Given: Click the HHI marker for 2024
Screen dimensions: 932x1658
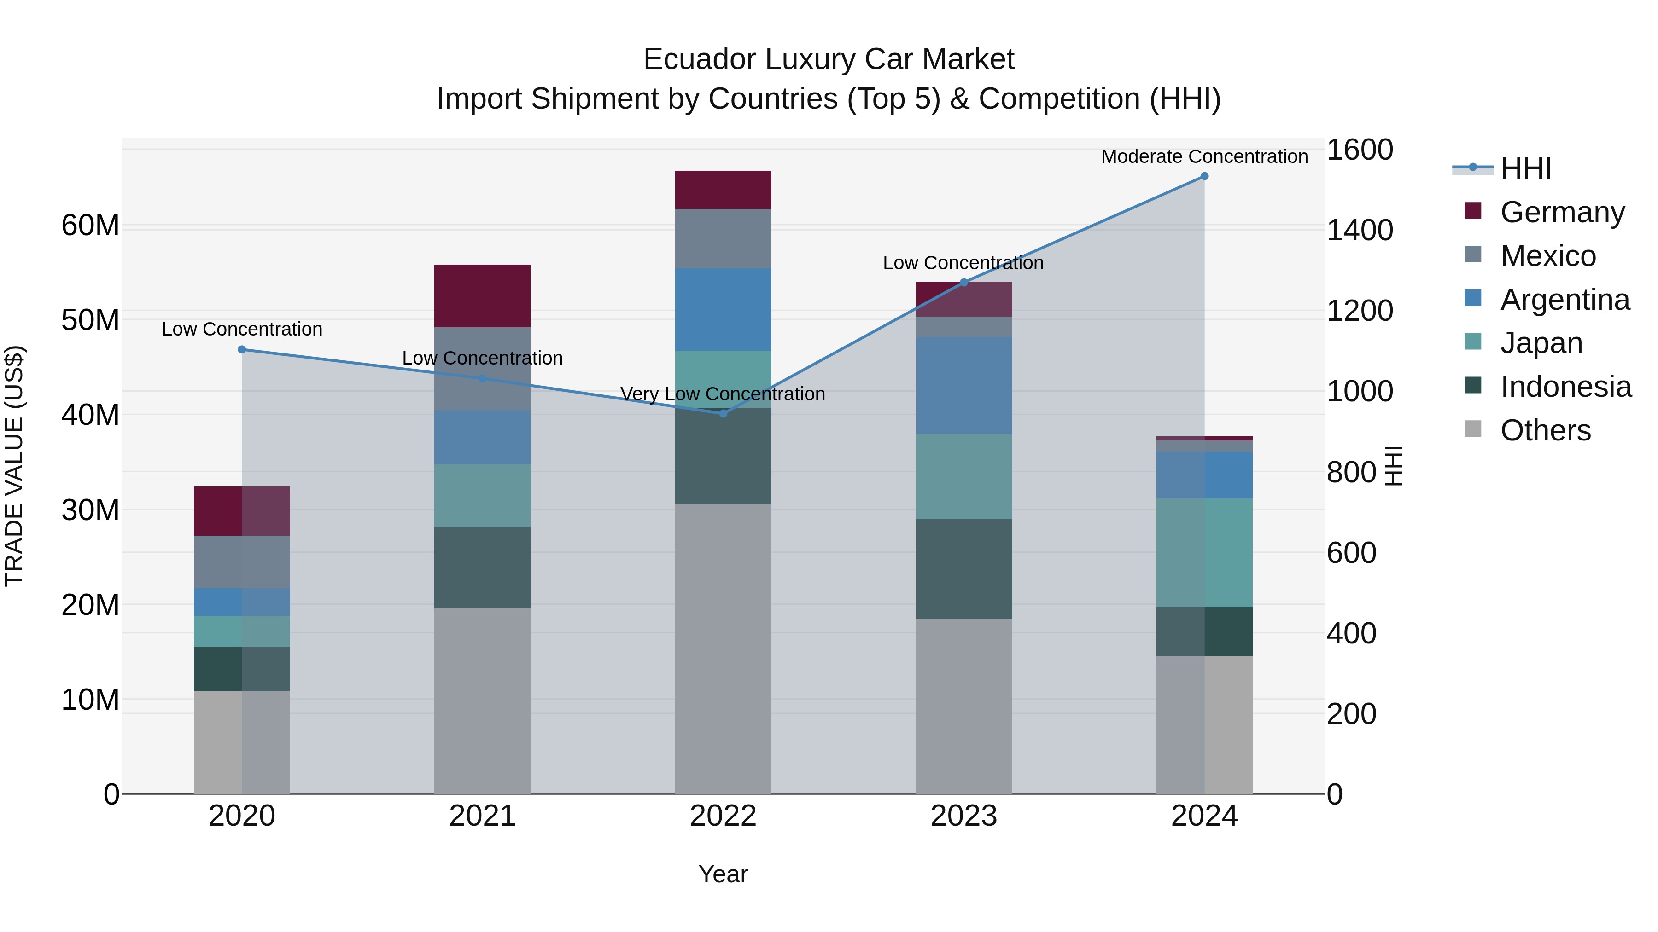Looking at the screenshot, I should click(1204, 176).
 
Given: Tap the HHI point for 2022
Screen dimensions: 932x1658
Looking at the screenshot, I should click(723, 414).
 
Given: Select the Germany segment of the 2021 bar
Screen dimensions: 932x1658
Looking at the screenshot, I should click(482, 296).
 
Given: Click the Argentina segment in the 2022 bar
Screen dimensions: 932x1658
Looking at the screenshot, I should click(723, 309).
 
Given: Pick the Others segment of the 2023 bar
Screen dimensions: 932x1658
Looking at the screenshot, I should click(963, 706).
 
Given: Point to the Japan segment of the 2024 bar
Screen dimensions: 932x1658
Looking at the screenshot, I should click(1204, 552).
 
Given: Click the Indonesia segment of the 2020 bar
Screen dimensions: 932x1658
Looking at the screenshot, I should click(241, 669).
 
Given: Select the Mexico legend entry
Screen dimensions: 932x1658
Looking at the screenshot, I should click(1548, 256).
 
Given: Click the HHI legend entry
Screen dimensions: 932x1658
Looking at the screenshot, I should click(1525, 168).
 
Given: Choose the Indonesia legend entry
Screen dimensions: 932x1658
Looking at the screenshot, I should click(1565, 387).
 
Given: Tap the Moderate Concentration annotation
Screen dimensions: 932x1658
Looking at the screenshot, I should click(1204, 156).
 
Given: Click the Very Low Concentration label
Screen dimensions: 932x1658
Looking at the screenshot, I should click(722, 394).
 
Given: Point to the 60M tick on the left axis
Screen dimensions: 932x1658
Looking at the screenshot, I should click(90, 226).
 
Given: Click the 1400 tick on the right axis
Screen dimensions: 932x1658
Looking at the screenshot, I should click(1360, 230).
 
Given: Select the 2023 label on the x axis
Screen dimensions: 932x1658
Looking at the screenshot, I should click(963, 816).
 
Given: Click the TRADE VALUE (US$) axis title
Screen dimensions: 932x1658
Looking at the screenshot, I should click(15, 466).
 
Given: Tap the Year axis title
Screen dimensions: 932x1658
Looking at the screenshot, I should click(723, 874).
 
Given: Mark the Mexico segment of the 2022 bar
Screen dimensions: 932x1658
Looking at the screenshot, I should click(723, 238).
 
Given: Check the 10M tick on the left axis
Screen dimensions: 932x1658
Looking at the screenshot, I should click(90, 700).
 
